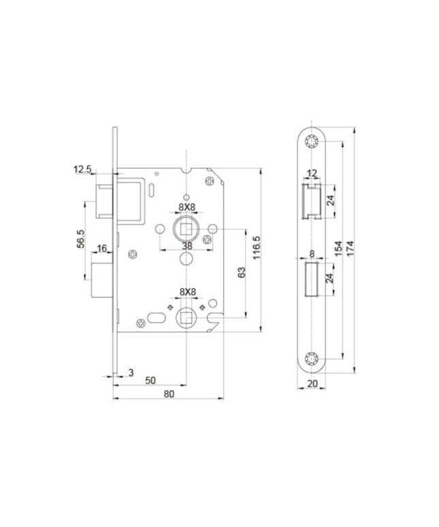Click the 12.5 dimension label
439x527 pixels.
click(82, 169)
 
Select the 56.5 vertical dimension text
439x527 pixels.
click(81, 239)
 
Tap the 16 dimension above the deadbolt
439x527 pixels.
click(102, 249)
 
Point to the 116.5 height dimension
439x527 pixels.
click(257, 248)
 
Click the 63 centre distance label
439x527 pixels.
click(242, 272)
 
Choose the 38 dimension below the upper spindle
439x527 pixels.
click(187, 246)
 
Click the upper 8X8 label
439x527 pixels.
click(186, 208)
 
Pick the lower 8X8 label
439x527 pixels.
click(187, 292)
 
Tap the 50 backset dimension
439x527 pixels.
click(150, 381)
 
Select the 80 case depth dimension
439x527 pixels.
click(169, 394)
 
